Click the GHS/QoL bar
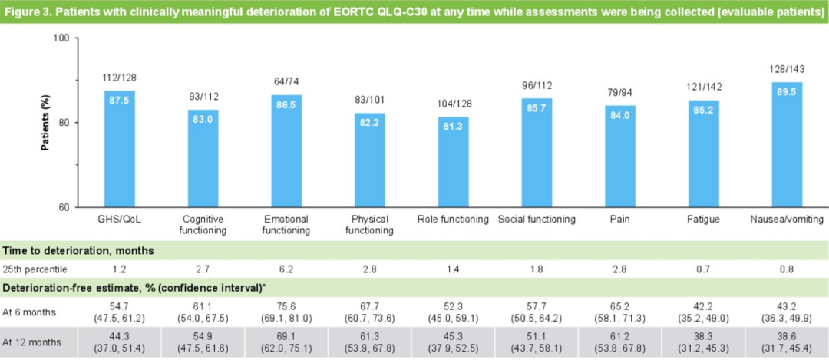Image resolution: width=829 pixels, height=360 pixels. (120, 149)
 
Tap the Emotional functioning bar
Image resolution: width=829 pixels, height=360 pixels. (286, 151)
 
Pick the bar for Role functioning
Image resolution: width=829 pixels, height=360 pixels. (453, 162)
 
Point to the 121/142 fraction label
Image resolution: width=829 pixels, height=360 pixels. (703, 88)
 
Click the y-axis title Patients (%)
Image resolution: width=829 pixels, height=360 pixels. (45, 122)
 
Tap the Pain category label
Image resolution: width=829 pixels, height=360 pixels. (620, 220)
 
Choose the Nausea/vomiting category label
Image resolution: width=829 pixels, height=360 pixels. (787, 220)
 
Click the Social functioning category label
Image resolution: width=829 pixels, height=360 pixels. (537, 220)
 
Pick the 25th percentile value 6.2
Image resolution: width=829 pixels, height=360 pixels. (286, 270)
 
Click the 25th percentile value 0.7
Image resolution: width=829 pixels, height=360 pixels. (703, 270)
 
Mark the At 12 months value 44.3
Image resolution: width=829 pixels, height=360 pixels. (119, 335)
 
